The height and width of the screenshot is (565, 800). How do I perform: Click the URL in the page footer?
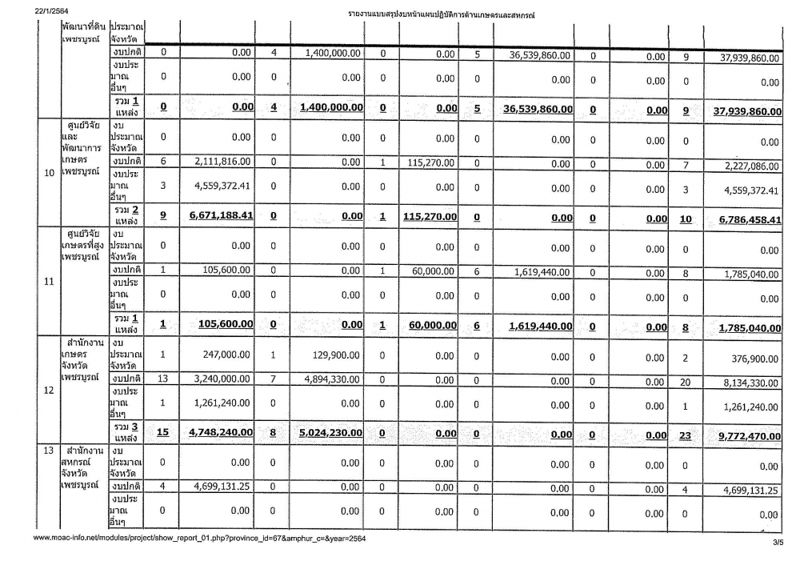click(199, 538)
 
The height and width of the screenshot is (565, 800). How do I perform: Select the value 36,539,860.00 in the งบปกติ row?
click(539, 55)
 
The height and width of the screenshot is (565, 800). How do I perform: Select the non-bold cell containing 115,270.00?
click(430, 163)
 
